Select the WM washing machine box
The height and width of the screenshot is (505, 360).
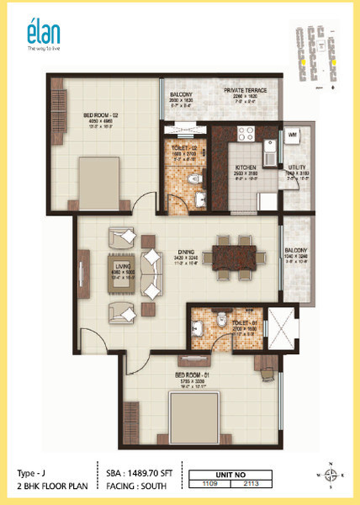[292, 135]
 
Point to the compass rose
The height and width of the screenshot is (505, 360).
[330, 475]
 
